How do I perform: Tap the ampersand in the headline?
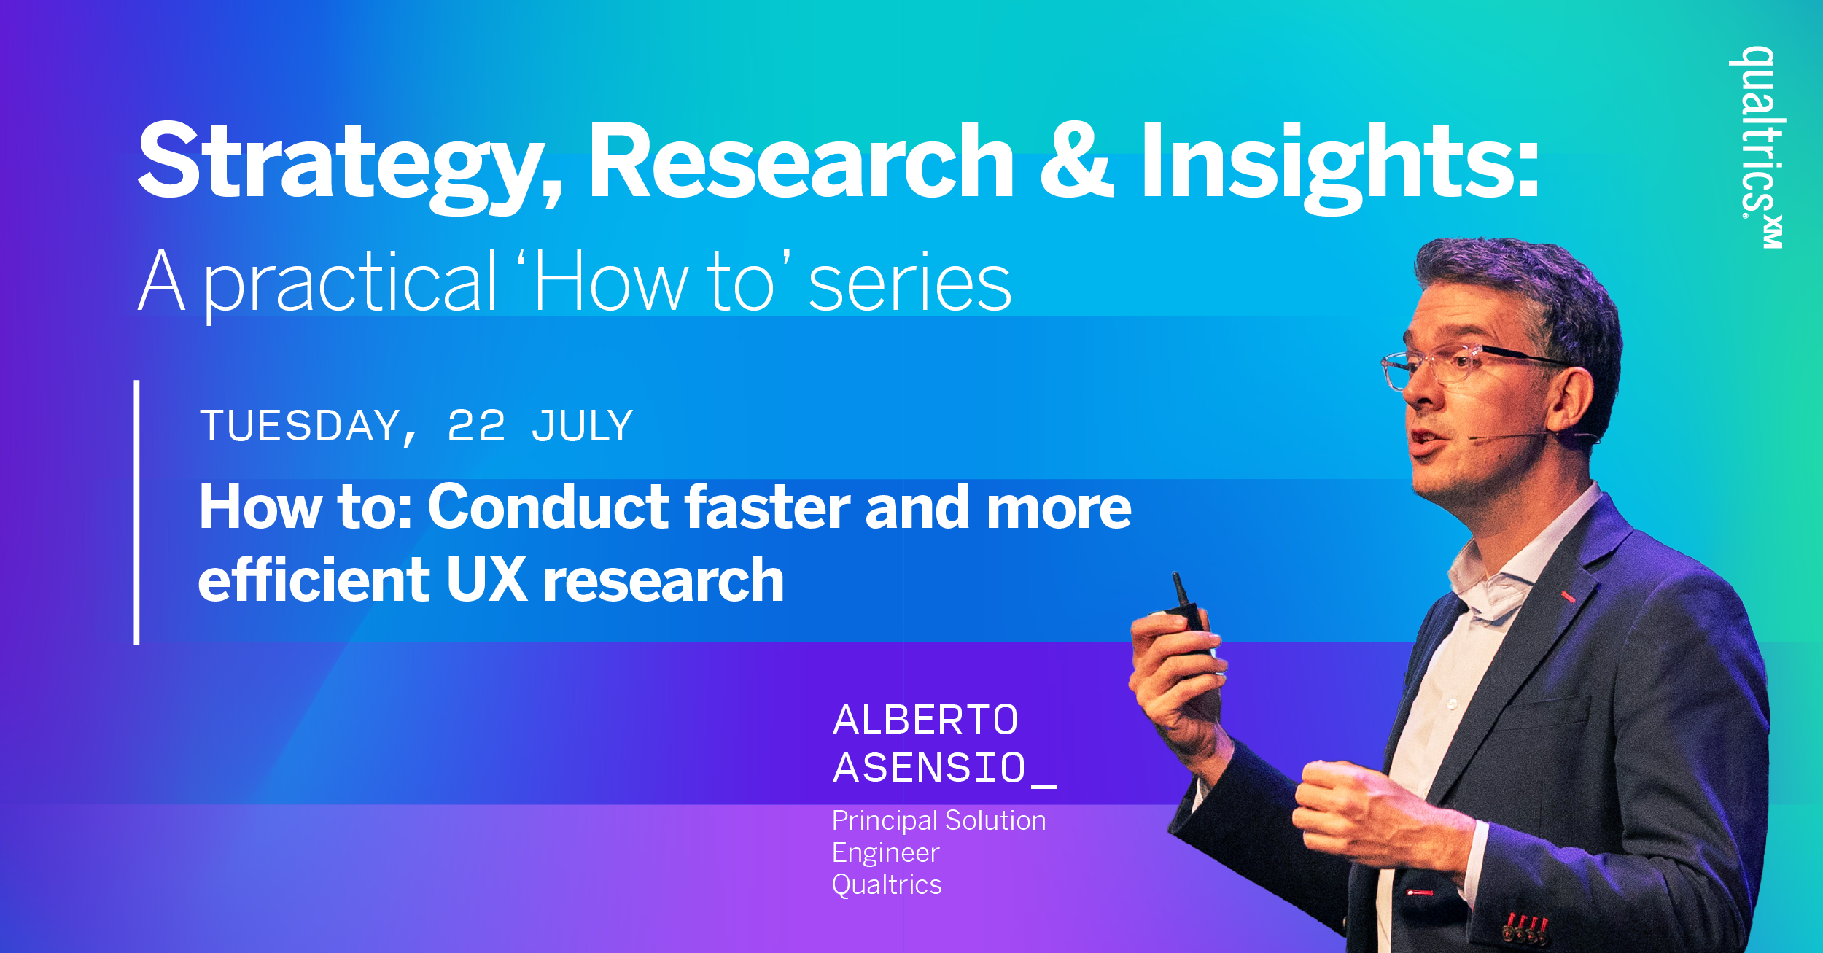(1077, 161)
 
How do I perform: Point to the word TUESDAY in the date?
(307, 427)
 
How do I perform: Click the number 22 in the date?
(475, 426)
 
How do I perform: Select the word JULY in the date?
(582, 426)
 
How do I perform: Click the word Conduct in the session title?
(548, 507)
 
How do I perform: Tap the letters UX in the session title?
(486, 580)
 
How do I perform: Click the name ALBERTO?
(925, 720)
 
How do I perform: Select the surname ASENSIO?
(930, 768)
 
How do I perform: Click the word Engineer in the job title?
(886, 854)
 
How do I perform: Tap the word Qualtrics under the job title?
(887, 884)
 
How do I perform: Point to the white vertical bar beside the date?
(136, 512)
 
